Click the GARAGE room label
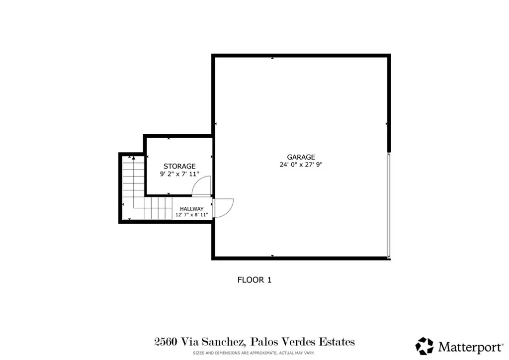pos(301,157)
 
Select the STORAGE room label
pos(179,166)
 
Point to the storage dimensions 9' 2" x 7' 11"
pos(179,174)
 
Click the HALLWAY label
pos(191,209)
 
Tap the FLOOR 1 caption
pos(254,279)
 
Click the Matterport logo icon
pos(424,346)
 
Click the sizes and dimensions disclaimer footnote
pos(254,353)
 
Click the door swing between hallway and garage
pos(224,206)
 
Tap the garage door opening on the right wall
pos(389,205)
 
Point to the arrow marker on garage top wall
pos(272,59)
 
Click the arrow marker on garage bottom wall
pos(272,256)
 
